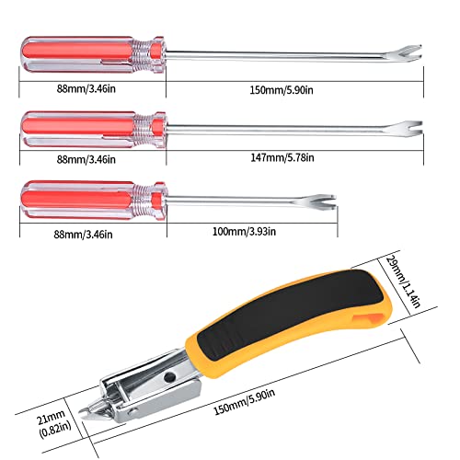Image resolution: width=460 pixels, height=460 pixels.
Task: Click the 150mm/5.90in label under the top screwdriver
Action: pyautogui.click(x=282, y=90)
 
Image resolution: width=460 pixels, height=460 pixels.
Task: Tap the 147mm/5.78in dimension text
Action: pyautogui.click(x=282, y=157)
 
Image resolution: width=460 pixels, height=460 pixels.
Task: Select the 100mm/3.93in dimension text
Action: pyautogui.click(x=244, y=231)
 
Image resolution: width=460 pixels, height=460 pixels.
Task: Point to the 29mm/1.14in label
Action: pyautogui.click(x=402, y=282)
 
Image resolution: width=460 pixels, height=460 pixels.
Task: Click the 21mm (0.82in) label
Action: pyautogui.click(x=54, y=424)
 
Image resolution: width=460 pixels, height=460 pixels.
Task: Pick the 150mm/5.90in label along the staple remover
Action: pyautogui.click(x=244, y=402)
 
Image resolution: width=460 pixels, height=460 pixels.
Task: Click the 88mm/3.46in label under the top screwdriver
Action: pyautogui.click(x=86, y=89)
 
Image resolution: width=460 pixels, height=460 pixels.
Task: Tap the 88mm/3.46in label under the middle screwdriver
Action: pyautogui.click(x=86, y=159)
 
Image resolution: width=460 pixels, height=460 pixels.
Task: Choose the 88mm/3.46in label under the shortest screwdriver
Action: pyautogui.click(x=83, y=235)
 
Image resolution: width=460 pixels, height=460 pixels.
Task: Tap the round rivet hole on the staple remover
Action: pyautogui.click(x=169, y=376)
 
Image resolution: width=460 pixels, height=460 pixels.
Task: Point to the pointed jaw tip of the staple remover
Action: pyautogui.click(x=82, y=412)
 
